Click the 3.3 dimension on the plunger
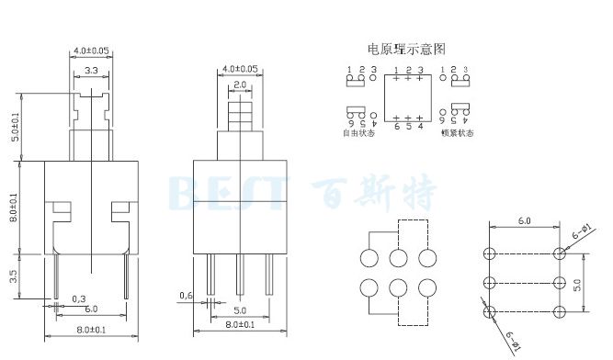(92, 71)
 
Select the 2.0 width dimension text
(239, 85)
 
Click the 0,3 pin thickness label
(80, 298)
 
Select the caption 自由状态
(360, 133)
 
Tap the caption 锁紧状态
(457, 133)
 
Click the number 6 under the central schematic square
(396, 126)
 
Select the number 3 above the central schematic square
(420, 70)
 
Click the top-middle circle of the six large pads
(399, 257)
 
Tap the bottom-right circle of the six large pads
(427, 288)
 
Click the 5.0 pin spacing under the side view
(241, 310)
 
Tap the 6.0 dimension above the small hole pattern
(524, 221)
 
